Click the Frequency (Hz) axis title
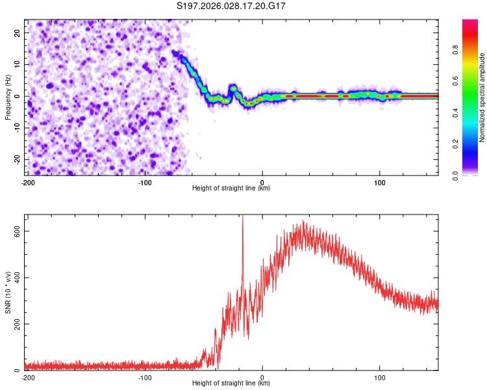pos(8,96)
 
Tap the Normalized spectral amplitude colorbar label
pos(482,97)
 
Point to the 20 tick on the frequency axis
pos(17,32)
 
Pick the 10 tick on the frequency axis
pos(17,64)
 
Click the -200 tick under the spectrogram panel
pos(28,181)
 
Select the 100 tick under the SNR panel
pos(380,377)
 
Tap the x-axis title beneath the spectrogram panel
pos(231,188)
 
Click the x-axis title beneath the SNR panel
pos(231,384)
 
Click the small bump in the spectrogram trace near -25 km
pos(233,88)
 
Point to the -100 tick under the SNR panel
pos(145,377)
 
